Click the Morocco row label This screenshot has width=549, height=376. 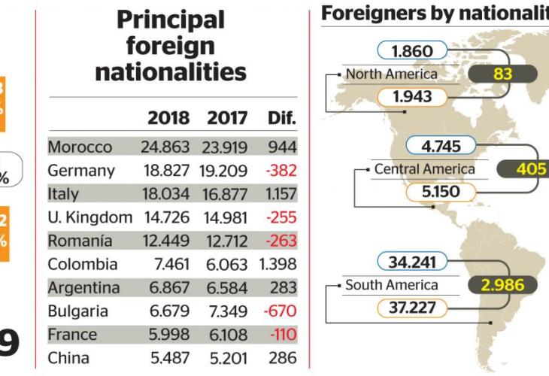click(x=80, y=147)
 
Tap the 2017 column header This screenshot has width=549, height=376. click(x=228, y=118)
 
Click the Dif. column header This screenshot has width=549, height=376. click(x=282, y=118)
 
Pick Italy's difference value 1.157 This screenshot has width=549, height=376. click(x=281, y=194)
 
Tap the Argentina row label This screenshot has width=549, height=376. click(x=83, y=288)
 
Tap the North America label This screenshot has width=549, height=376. click(x=391, y=74)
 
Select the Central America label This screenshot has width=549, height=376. click(x=425, y=168)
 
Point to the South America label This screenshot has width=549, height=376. click(x=391, y=285)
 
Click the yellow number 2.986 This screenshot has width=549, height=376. click(x=502, y=285)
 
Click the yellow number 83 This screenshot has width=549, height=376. click(x=502, y=74)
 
